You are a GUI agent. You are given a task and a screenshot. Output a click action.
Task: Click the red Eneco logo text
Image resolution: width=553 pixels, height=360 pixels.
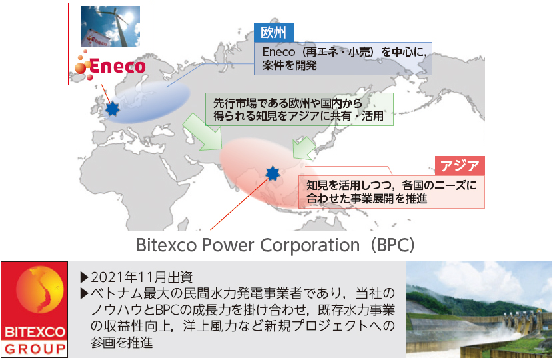(x=117, y=66)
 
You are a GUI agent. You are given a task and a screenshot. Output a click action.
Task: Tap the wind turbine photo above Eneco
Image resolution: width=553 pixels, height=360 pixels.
(x=111, y=26)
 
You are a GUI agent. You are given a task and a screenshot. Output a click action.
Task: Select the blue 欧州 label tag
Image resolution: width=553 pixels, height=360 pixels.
(x=274, y=33)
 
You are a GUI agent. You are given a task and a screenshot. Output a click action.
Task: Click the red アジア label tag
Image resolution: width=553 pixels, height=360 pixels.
(x=460, y=165)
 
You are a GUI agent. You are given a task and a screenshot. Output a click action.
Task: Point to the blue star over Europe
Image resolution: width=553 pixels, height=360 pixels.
(x=113, y=109)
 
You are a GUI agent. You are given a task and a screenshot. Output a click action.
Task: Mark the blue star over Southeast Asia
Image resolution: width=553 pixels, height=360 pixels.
(x=273, y=173)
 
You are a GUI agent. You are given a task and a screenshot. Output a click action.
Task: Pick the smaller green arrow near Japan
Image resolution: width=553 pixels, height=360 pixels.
(x=304, y=148)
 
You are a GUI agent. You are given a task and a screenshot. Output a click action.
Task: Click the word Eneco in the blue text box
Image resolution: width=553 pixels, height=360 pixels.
(x=278, y=52)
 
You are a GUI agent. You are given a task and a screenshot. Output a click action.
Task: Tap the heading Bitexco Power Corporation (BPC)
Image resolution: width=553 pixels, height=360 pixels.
(x=275, y=245)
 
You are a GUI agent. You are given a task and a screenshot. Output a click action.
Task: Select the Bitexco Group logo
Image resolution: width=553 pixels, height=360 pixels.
(x=34, y=309)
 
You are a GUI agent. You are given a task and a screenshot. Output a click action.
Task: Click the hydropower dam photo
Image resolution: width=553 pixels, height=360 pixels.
(x=479, y=309)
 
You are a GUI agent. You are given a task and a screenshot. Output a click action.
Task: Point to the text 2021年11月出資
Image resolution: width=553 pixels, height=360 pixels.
(x=142, y=277)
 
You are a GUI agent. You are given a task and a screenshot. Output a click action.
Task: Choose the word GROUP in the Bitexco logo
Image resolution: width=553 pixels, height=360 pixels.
(x=35, y=349)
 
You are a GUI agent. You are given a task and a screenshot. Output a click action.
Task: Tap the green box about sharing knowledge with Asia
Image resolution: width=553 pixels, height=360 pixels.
(x=299, y=109)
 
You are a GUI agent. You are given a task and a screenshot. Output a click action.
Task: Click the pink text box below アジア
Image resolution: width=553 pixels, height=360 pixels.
(x=392, y=191)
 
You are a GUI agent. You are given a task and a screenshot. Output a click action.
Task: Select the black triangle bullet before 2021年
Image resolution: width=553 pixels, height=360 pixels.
(x=85, y=277)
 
